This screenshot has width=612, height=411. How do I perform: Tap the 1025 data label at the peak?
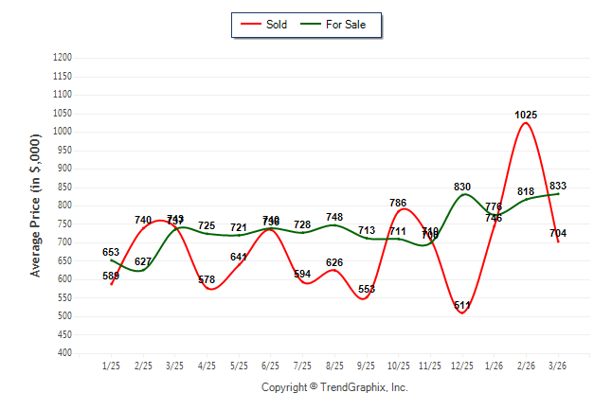526,115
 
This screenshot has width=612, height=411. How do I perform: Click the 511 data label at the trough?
462,306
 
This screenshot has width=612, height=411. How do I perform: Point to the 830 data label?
462,187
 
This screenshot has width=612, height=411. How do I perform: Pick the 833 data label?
558,186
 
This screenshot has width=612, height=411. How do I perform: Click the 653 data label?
111,252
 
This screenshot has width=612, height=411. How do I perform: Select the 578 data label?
207,280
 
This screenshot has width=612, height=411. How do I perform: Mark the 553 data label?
367,289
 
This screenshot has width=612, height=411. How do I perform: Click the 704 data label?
557,233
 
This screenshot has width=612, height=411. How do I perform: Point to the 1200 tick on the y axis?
63,58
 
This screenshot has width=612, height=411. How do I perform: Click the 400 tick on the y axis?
64,353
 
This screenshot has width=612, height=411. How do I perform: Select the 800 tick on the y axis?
64,205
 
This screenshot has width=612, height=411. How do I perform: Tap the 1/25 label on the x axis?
112,366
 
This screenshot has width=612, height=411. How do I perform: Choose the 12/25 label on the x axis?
461,366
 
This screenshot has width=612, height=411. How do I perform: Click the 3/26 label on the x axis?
557,366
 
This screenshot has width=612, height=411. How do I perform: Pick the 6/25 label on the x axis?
270,366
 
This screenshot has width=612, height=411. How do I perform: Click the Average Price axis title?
36,205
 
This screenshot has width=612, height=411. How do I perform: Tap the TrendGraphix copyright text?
334,387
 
